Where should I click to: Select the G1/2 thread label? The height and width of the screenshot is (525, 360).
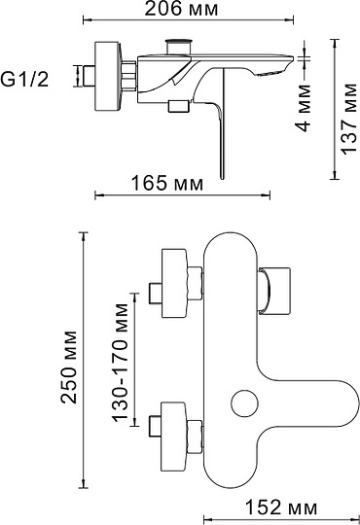(35, 75)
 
